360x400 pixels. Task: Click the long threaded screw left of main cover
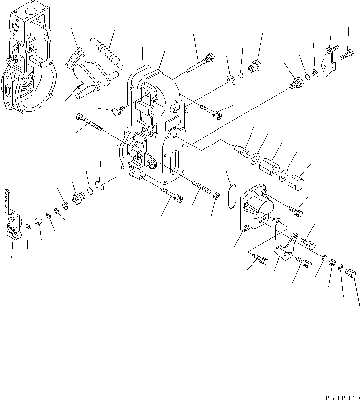click(89, 122)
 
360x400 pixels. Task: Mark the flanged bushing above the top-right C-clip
click(255, 66)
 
